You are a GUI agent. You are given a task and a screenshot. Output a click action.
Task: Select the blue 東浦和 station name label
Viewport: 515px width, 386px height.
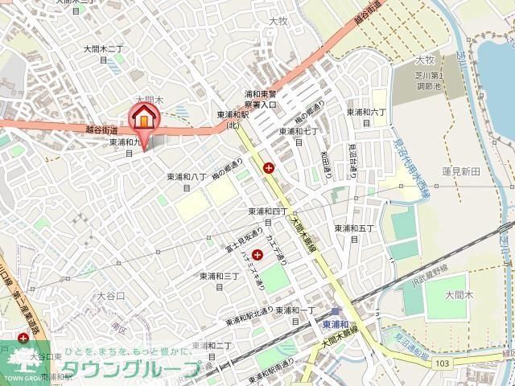click(x=335, y=325)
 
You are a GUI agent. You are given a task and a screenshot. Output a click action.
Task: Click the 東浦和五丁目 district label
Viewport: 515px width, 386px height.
click(x=354, y=233)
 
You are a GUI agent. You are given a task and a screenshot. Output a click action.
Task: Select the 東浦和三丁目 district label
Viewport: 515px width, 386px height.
click(x=220, y=281)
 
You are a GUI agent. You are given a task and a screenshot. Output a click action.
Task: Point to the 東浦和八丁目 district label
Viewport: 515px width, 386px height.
click(x=187, y=182)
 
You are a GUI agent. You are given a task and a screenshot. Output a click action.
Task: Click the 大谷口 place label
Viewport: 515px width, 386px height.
click(x=111, y=296)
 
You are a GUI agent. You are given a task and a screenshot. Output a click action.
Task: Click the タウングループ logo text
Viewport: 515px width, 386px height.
click(x=133, y=370)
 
